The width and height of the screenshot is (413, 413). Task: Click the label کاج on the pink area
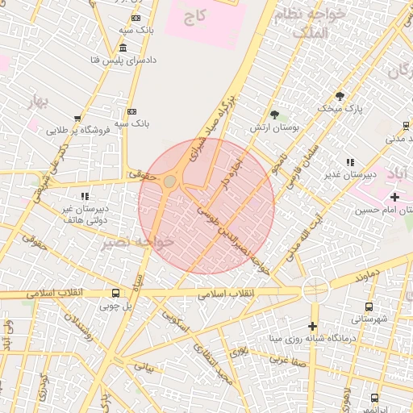[x=195, y=15]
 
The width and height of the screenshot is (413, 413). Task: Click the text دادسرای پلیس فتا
[x=126, y=60]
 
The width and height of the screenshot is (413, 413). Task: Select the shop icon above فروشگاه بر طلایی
[x=77, y=118]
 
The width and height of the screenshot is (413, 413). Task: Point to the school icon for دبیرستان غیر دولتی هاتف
[x=84, y=196]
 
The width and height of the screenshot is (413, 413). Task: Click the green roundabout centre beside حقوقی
[x=169, y=181]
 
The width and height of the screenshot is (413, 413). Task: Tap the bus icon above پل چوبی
[x=116, y=294]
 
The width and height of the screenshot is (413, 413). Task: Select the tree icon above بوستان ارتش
[x=275, y=115]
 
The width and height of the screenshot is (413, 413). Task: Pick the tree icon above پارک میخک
[x=340, y=96]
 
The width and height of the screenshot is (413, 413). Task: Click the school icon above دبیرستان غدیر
[x=350, y=162]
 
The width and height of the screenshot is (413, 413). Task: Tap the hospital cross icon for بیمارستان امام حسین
[x=394, y=198]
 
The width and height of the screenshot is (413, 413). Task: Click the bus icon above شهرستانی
[x=369, y=307]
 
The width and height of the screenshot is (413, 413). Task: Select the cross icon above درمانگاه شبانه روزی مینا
[x=313, y=325]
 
